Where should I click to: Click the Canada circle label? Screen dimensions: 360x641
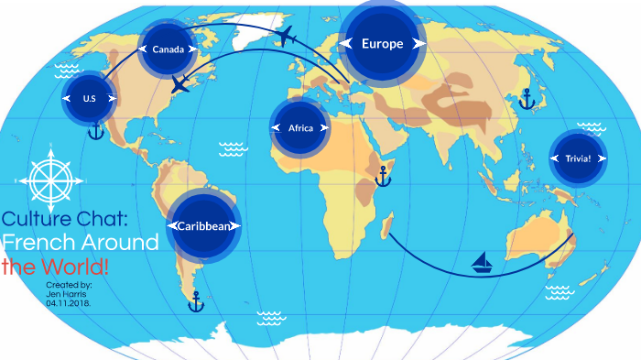(169, 49)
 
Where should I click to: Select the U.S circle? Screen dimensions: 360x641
(90, 98)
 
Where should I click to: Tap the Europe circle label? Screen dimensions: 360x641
(382, 43)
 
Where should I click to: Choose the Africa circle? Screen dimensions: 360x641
(300, 128)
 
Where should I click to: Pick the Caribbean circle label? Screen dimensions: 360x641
(203, 225)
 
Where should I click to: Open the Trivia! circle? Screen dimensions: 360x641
(578, 158)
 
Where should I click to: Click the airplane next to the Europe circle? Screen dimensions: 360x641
(287, 37)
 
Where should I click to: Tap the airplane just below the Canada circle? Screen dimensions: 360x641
(180, 86)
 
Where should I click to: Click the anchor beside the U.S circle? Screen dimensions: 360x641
(95, 132)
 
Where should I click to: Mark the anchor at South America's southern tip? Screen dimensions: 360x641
(195, 300)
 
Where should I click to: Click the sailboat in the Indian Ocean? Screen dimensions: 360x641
(483, 264)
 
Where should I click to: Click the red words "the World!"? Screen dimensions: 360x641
(55, 267)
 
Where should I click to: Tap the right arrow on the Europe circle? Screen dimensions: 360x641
(418, 43)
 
